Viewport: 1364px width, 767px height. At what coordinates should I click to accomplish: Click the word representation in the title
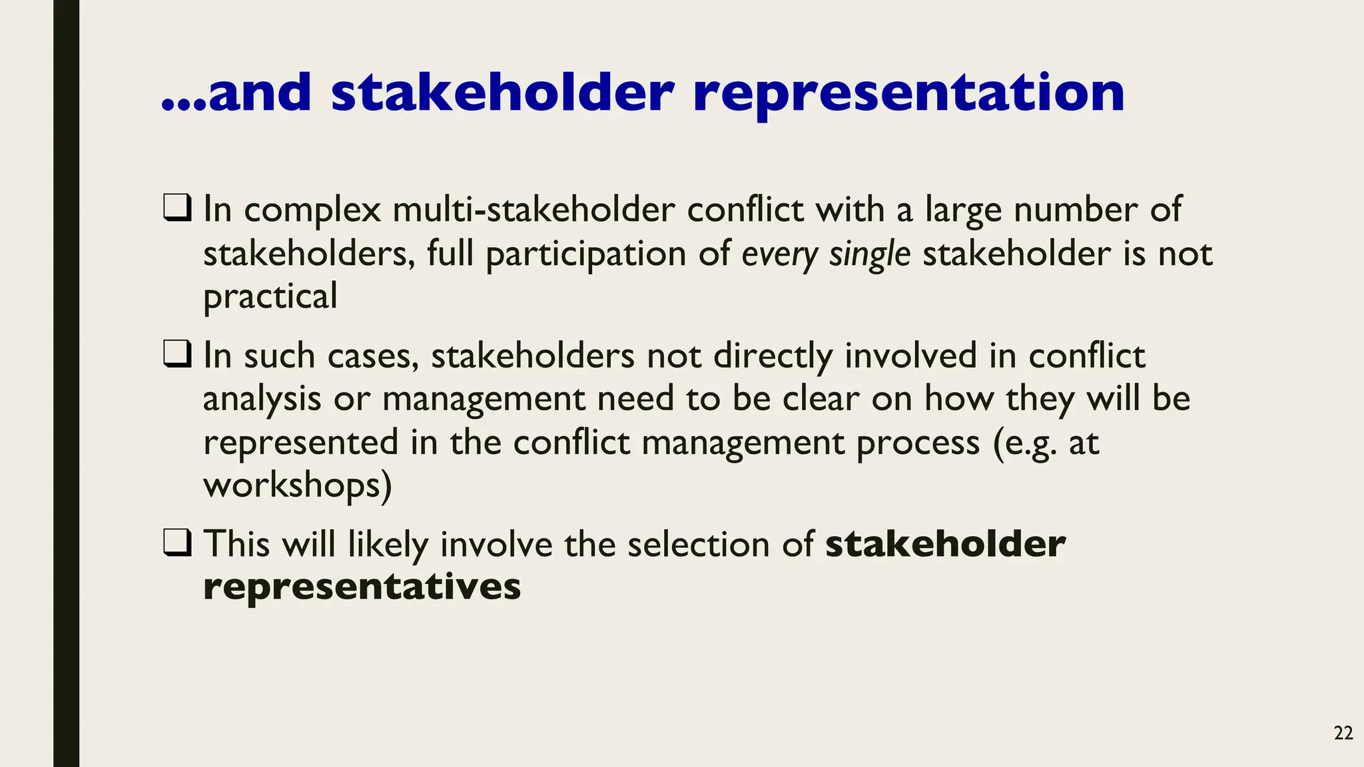(908, 93)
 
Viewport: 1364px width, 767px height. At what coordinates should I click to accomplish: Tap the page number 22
(1343, 734)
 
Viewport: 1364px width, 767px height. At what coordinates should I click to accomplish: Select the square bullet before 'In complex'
(177, 208)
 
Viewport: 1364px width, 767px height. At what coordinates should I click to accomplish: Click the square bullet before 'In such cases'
(177, 354)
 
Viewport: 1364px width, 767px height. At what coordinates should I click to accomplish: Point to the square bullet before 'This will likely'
(177, 543)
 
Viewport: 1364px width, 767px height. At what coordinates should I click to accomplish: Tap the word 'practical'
(270, 297)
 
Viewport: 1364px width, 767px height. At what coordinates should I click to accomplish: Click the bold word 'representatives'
(362, 587)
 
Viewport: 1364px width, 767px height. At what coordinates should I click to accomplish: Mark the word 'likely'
(388, 545)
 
